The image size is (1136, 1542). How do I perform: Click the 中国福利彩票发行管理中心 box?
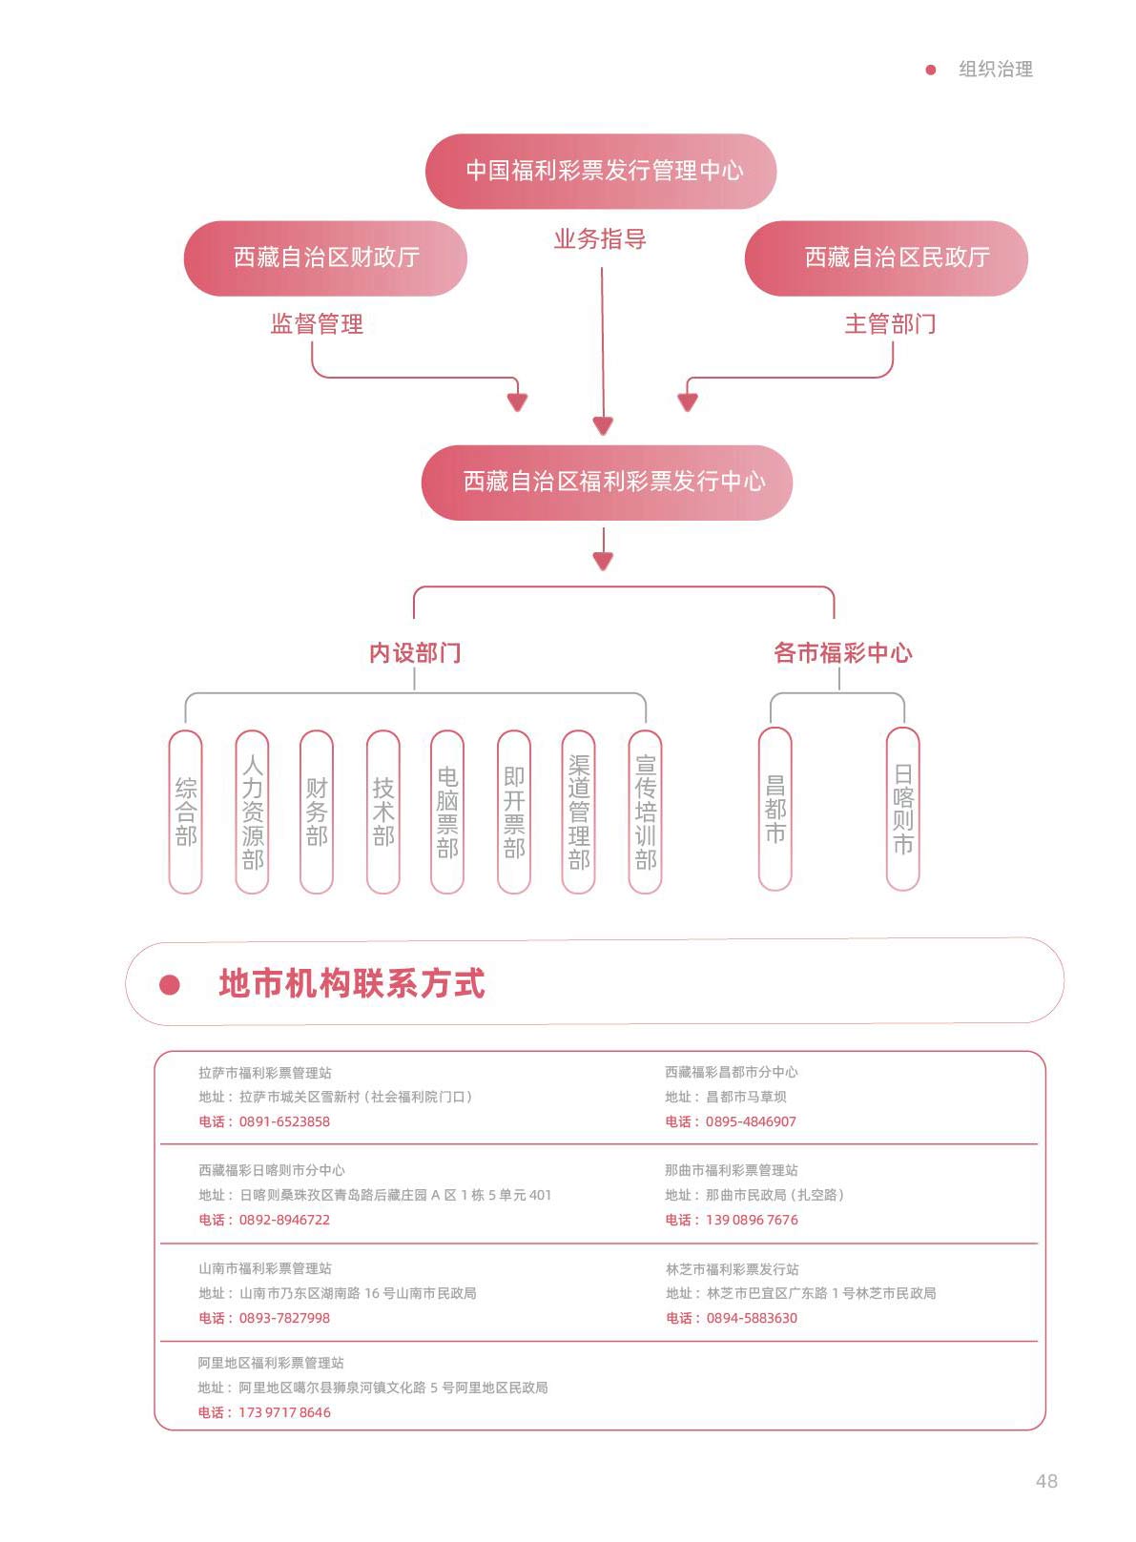coord(600,171)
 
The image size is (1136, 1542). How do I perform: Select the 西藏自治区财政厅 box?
coord(325,258)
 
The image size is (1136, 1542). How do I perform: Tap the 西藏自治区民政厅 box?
coord(886,258)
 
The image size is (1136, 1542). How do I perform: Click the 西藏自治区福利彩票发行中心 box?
coord(607,482)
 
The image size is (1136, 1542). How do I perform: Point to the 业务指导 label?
coord(600,239)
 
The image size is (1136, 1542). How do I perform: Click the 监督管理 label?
coord(317,323)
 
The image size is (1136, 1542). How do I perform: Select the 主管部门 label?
coord(890,323)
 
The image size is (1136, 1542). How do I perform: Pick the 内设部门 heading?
coord(415,652)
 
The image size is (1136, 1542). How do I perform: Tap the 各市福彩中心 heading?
coord(843,652)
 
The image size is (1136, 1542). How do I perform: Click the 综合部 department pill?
coord(186,812)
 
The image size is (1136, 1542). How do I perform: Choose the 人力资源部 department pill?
coord(252,812)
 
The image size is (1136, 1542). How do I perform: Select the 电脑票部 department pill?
coord(446,812)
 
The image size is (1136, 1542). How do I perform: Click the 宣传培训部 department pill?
coord(645,812)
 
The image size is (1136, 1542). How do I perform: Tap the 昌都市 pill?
coord(775,809)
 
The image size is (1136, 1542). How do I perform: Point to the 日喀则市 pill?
coord(902,809)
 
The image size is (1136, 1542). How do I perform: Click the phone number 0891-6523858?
coord(284,1121)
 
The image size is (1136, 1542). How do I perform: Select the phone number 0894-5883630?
coord(752,1318)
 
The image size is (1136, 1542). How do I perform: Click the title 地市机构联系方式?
coord(352,983)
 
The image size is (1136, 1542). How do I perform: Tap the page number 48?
coord(1046,1481)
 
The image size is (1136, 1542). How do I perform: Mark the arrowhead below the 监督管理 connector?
coord(517,402)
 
